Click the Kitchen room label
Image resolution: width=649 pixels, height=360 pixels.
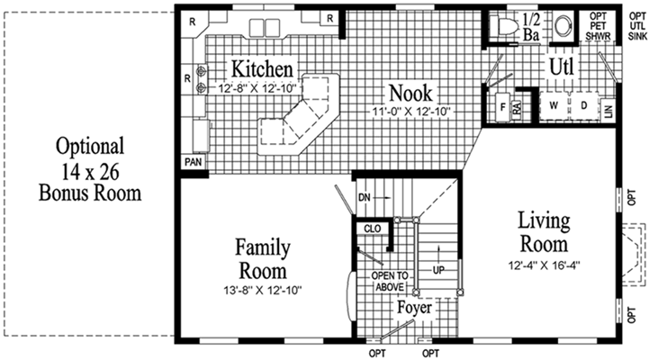point(262,68)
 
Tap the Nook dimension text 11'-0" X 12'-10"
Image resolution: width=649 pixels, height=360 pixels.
point(410,112)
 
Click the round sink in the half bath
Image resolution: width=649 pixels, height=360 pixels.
point(563,26)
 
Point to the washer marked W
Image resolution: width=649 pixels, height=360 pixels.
point(554,106)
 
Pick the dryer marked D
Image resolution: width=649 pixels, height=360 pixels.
point(583,106)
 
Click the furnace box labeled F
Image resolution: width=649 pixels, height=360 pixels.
point(503,107)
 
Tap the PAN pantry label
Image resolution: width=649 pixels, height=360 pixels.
point(194,162)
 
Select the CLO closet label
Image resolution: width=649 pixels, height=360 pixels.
point(373,229)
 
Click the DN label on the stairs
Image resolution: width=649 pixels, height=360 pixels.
point(365,198)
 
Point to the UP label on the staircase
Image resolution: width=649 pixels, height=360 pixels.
point(438,270)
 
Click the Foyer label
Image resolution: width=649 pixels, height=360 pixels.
point(414,308)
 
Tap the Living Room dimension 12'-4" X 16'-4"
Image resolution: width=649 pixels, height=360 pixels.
point(544,265)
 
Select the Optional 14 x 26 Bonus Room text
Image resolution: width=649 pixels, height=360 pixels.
point(90,169)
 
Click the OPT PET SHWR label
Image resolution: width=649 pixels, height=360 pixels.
point(598,26)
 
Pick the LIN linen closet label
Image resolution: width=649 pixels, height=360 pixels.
point(608,111)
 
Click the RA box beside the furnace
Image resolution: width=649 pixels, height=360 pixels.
point(517,110)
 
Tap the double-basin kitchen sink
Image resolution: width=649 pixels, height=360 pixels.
point(265,28)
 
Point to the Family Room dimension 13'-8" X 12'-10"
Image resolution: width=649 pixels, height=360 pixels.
point(263,291)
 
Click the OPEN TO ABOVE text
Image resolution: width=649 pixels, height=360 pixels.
point(390,281)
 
